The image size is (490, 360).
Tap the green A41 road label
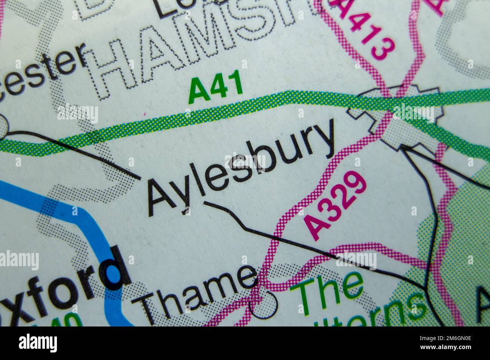(x=216, y=89)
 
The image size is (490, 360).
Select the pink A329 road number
(x=335, y=205)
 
